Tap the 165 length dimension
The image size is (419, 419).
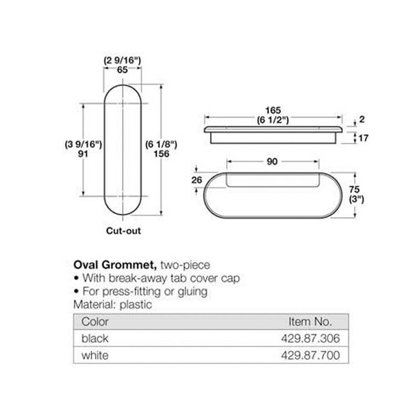[272, 110]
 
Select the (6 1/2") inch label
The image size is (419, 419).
[272, 119]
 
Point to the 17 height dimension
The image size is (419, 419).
[362, 138]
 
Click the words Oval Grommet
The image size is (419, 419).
[115, 265]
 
